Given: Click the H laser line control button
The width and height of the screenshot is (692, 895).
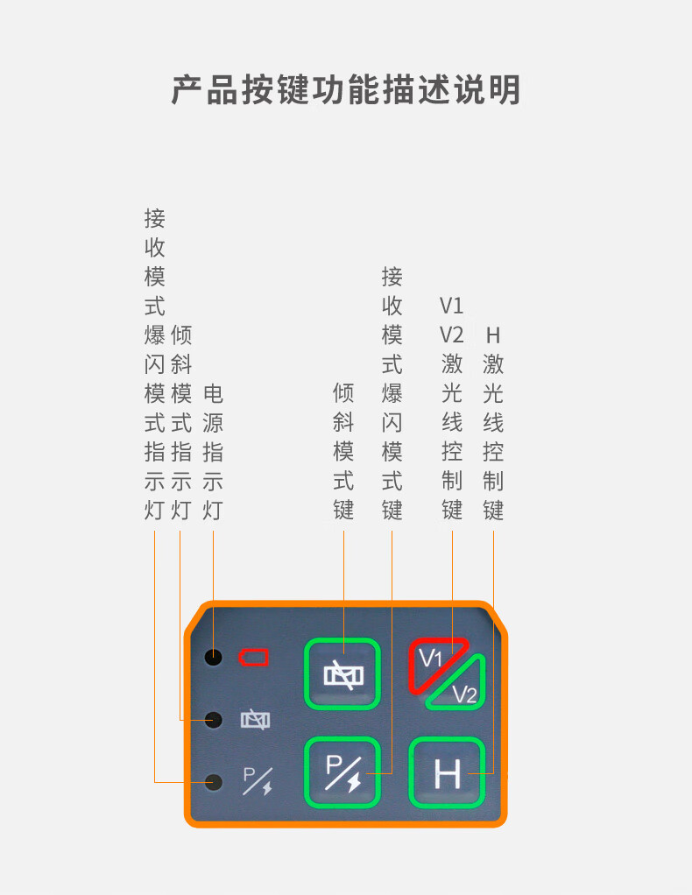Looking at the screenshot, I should pos(447,773).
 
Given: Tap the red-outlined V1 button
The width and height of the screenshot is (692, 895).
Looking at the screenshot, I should pos(434,661).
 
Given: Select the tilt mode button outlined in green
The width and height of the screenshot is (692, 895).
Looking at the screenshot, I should pos(342,673).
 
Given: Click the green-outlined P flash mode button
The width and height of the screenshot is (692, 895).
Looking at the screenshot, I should pos(342,773).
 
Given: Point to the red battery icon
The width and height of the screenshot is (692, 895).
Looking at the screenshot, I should pos(254,657).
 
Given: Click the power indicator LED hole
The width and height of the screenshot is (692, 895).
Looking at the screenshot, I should pos(213,657).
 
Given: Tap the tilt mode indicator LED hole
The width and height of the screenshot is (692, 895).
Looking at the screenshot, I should pos(213,720).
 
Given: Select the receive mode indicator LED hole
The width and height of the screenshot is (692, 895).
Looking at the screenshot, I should pos(213,781).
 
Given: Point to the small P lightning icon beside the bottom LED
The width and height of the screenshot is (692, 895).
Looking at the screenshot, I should pos(257,780).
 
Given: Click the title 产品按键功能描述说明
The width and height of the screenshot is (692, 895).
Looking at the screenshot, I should pos(346,90).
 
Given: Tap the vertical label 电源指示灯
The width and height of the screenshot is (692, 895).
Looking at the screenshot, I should pos(213,452).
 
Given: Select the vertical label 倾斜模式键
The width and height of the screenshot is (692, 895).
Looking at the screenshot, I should pos(343,452).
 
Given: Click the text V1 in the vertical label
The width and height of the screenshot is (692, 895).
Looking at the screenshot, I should pos(451,306).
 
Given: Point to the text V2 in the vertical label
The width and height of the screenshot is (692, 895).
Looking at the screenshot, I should pos(451,335).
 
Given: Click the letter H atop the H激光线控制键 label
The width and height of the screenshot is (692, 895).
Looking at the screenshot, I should pos(493,335).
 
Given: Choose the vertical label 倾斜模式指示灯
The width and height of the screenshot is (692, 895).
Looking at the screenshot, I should pos(181,423).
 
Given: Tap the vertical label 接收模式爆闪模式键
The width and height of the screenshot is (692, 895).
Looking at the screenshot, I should pos(392,394).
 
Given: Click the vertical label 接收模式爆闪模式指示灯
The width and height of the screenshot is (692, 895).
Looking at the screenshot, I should pos(155,364).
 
